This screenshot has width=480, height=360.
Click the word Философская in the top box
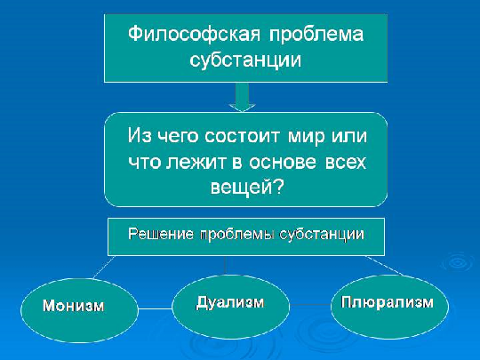coord(194,34)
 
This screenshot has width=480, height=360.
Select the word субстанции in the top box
coord(245,60)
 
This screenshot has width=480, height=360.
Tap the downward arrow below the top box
coord(242,98)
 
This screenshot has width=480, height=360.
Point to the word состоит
coord(242,135)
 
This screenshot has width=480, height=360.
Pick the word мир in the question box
coord(306,136)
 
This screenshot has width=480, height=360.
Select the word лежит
coord(196,162)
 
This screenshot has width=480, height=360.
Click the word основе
coord(283,162)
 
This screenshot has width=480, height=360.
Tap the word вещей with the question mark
coord(247,187)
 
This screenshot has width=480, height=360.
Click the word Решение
coord(161,234)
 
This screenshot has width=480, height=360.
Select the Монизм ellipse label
coord(74,306)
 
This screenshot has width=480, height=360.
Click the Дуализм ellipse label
coord(230,302)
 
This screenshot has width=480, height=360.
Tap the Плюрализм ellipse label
coord(388,302)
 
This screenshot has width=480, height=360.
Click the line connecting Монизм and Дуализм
coord(155,308)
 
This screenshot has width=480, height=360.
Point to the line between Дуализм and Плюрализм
coord(310,305)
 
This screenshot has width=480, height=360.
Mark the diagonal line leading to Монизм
coord(104,267)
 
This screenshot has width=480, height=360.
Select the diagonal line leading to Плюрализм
coord(385,266)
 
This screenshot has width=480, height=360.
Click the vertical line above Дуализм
coord(226,266)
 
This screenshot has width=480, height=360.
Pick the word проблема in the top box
coord(316,34)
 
